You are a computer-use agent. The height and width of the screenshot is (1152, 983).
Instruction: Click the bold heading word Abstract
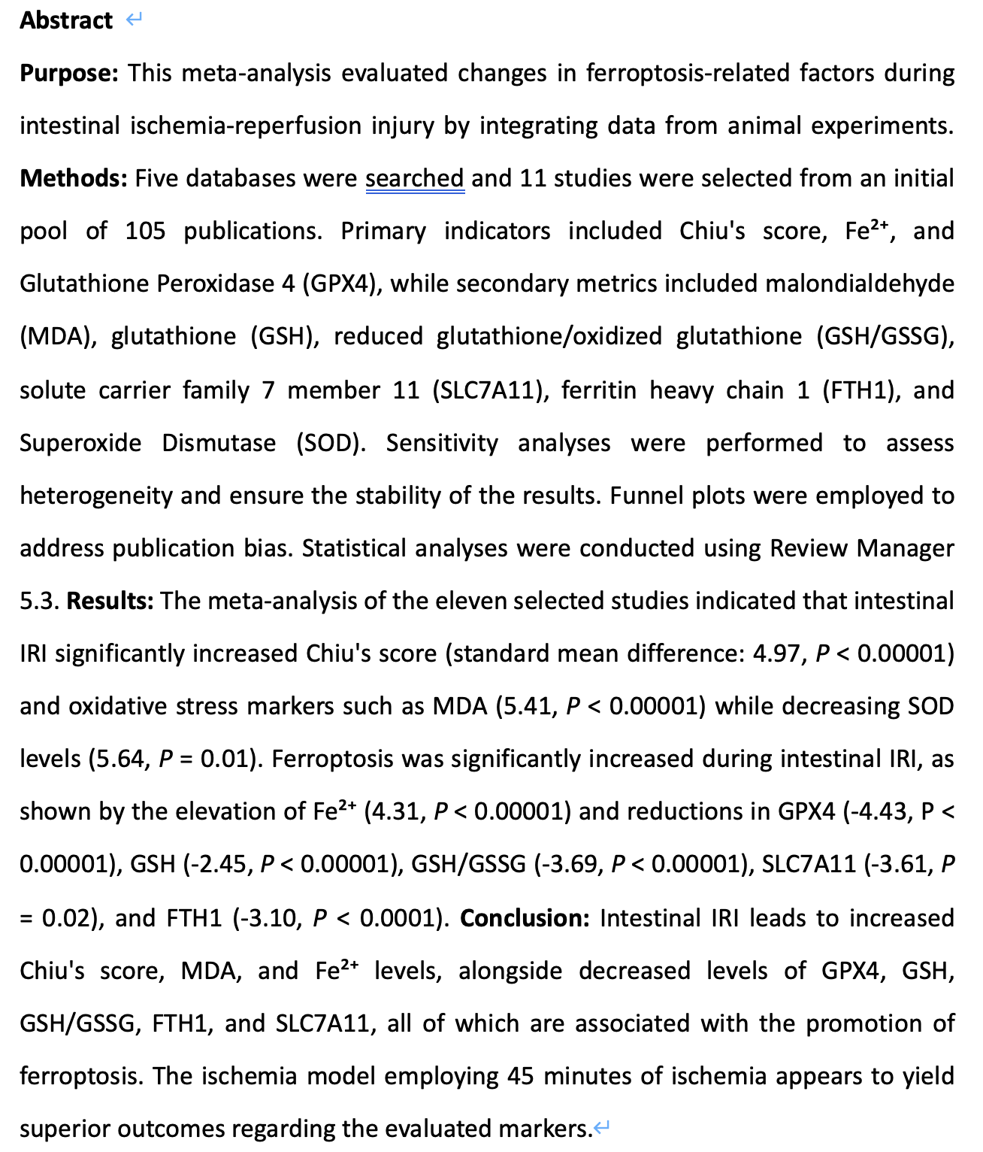(66, 20)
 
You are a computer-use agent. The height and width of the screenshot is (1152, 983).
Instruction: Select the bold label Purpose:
(69, 74)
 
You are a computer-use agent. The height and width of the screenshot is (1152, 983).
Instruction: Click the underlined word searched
(415, 179)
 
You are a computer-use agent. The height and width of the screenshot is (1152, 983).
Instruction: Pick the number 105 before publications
(145, 231)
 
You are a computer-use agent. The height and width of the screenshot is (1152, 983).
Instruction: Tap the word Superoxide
(80, 443)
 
